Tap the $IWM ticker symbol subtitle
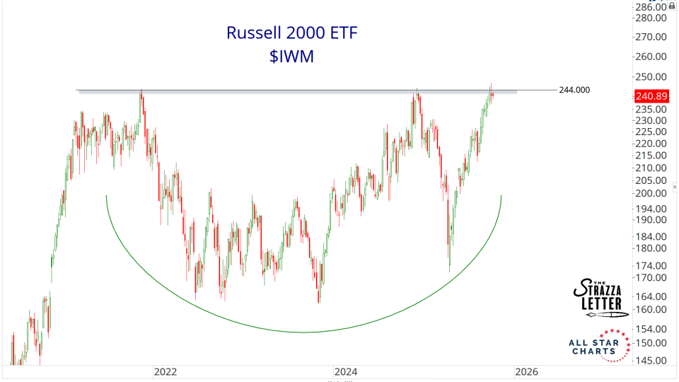pyautogui.click(x=291, y=57)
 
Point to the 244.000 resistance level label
pyautogui.click(x=574, y=90)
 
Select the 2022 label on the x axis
pyautogui.click(x=165, y=371)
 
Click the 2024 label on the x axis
pyautogui.click(x=347, y=371)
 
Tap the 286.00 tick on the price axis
pyautogui.click(x=651, y=8)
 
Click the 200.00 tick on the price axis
pyautogui.click(x=651, y=193)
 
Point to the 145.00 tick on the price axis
pyautogui.click(x=651, y=360)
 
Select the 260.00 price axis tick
pyautogui.click(x=651, y=57)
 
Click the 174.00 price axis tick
pyautogui.click(x=651, y=265)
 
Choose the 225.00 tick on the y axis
pyautogui.click(x=651, y=132)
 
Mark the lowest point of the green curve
pyautogui.click(x=304, y=332)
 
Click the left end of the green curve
pyautogui.click(x=106, y=196)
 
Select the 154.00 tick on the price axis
pyautogui.click(x=651, y=329)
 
